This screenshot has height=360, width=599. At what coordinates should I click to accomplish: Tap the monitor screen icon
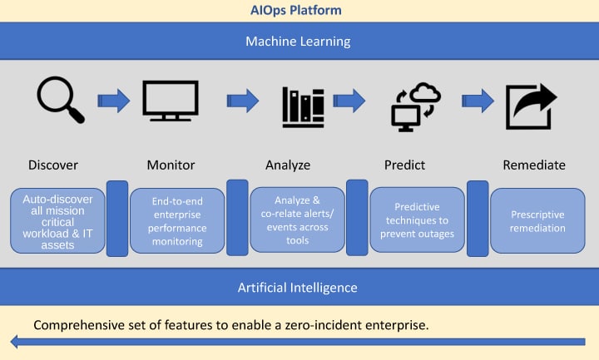pyautogui.click(x=170, y=101)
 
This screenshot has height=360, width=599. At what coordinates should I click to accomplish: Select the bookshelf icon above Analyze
pyautogui.click(x=302, y=106)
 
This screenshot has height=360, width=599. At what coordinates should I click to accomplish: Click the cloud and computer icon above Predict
pyautogui.click(x=415, y=106)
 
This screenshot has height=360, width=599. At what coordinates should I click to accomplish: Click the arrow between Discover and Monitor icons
pyautogui.click(x=115, y=101)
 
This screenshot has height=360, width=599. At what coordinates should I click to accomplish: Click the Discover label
pyautogui.click(x=53, y=165)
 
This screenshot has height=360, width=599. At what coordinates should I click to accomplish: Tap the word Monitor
pyautogui.click(x=171, y=165)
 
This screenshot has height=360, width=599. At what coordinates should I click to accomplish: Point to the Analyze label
pyautogui.click(x=288, y=165)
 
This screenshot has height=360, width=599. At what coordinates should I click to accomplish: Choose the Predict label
pyautogui.click(x=405, y=165)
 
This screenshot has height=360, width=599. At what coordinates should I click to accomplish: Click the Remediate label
pyautogui.click(x=534, y=165)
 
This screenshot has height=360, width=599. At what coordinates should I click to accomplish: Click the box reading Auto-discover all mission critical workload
pyautogui.click(x=57, y=220)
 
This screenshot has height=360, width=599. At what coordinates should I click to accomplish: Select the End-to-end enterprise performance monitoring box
pyautogui.click(x=177, y=221)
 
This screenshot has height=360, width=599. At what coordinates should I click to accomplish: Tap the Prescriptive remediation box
pyautogui.click(x=537, y=220)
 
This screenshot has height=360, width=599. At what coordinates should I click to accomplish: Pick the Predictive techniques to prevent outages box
pyautogui.click(x=417, y=220)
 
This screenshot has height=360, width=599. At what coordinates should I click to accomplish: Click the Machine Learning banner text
pyautogui.click(x=299, y=41)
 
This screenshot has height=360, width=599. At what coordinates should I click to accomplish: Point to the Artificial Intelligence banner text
pyautogui.click(x=297, y=288)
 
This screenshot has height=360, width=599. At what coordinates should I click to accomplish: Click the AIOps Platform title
pyautogui.click(x=298, y=10)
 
